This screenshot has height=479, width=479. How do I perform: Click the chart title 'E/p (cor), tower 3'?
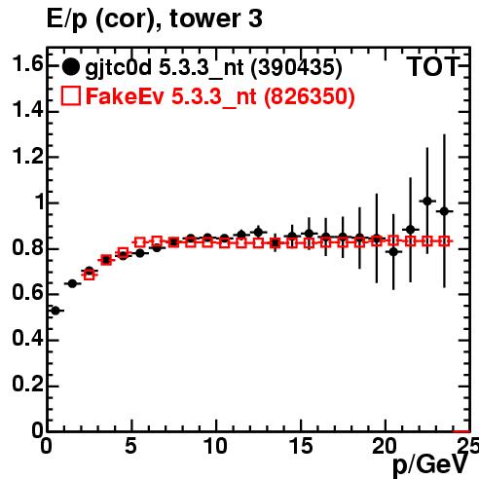click(x=155, y=19)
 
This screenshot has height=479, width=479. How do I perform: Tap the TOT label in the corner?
click(x=433, y=66)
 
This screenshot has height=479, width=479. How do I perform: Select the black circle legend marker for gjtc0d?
click(x=70, y=67)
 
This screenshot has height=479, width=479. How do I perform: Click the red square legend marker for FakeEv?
click(x=70, y=95)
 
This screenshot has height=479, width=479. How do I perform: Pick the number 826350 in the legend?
click(x=309, y=96)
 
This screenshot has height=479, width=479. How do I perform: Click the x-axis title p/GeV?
click(x=430, y=463)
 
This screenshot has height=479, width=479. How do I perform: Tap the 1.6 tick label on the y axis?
click(x=27, y=64)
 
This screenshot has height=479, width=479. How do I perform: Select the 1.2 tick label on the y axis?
click(x=27, y=156)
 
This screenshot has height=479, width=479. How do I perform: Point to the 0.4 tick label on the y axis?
click(x=27, y=339)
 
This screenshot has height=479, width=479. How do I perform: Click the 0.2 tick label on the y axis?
click(x=27, y=385)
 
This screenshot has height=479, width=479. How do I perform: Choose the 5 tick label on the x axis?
click(x=130, y=446)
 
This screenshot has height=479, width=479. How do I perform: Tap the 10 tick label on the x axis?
click(x=215, y=446)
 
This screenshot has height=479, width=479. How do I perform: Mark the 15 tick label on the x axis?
click(x=301, y=446)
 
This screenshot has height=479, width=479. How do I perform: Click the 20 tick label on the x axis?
click(x=385, y=446)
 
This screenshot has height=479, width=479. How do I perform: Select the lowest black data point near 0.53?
click(x=55, y=311)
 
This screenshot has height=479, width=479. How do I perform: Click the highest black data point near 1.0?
click(x=427, y=202)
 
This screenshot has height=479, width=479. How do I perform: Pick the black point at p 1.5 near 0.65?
click(x=72, y=283)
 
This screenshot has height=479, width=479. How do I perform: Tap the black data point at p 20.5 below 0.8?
click(x=393, y=251)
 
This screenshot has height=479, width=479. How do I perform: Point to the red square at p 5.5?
click(x=140, y=242)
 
